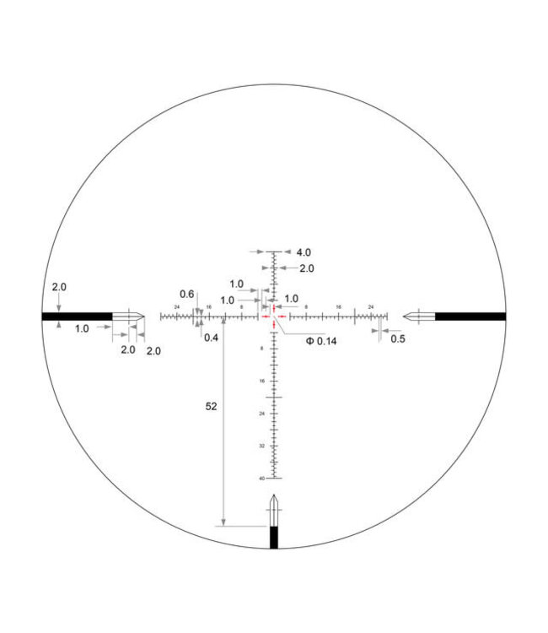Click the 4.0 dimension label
[x=304, y=252]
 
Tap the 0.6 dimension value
[x=187, y=295]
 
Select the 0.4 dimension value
[x=211, y=337]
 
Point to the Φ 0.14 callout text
[x=320, y=341]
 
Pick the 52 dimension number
[x=211, y=406]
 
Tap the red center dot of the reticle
[x=274, y=316]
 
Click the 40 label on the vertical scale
[x=262, y=479]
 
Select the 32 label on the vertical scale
[x=262, y=446]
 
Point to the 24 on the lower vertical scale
[x=262, y=414]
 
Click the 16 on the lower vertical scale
[x=262, y=381]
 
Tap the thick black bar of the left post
[x=76, y=316]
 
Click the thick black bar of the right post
[x=470, y=316]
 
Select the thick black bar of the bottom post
[x=274, y=538]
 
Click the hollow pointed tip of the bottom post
[x=274, y=510]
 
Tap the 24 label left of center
[x=177, y=306]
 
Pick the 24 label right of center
[x=371, y=306]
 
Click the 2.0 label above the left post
[x=59, y=287]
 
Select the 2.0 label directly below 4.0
[x=307, y=268]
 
